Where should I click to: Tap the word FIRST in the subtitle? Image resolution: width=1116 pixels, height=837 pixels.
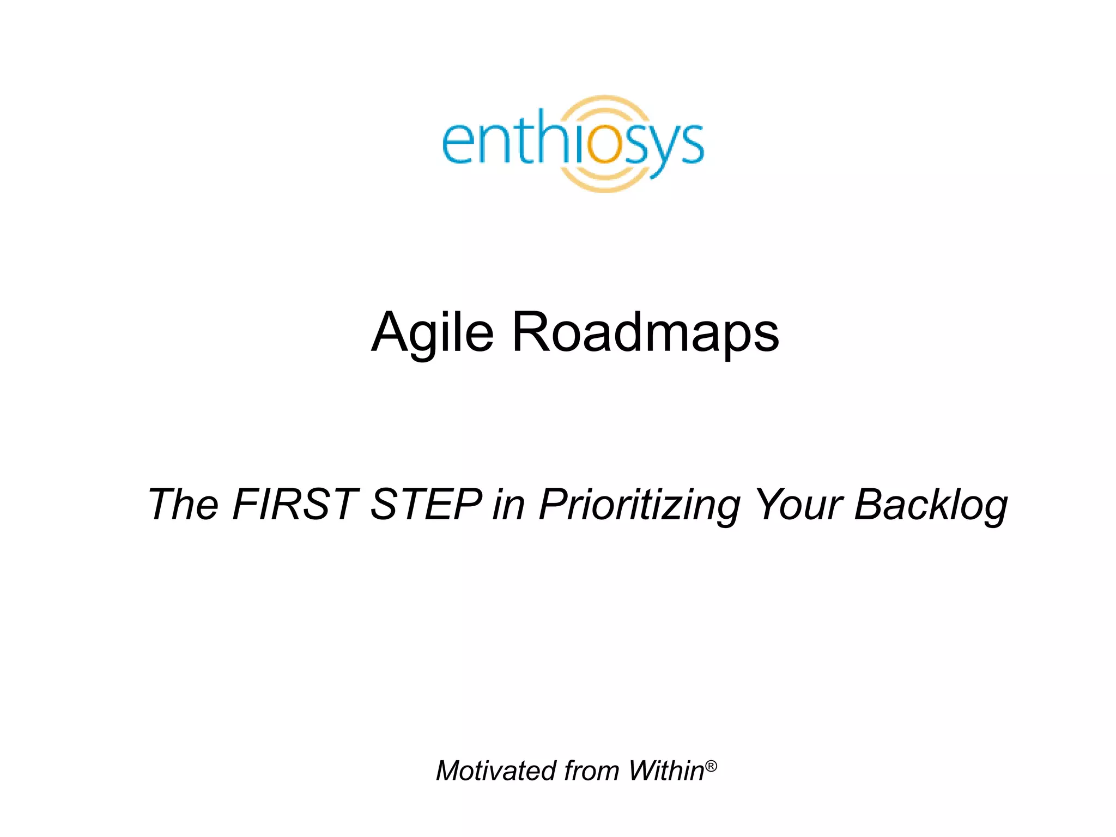point(295,505)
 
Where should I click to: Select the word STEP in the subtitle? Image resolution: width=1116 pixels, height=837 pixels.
point(426,505)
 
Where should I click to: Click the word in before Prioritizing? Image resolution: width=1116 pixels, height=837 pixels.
point(508,505)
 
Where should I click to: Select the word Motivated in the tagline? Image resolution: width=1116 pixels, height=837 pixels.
point(496,771)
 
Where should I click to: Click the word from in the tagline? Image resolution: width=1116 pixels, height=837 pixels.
point(592,771)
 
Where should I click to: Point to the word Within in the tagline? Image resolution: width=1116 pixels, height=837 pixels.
point(666,771)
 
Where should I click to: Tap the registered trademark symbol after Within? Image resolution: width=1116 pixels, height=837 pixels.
point(711,766)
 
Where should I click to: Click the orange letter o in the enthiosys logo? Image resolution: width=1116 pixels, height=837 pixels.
point(604,144)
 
